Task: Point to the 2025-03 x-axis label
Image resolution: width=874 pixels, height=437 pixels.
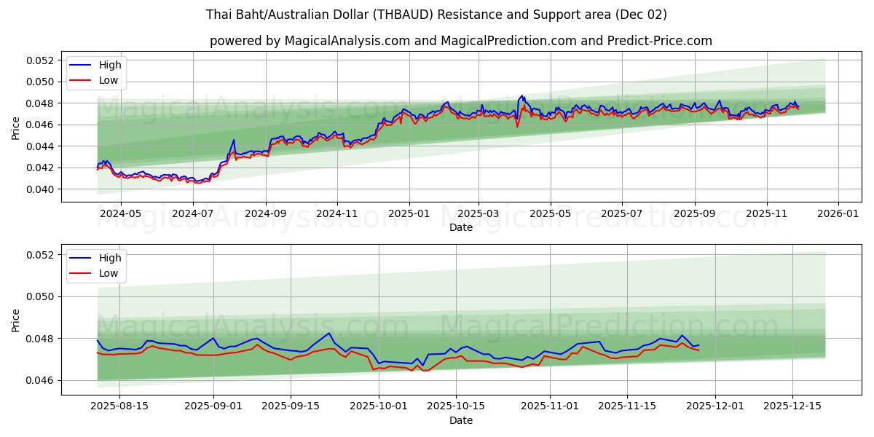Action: tap(479, 214)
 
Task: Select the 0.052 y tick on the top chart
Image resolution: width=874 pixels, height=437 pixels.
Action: tap(42, 60)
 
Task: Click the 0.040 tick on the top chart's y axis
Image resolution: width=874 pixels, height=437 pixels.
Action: tap(42, 189)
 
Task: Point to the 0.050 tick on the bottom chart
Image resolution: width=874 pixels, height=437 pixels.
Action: tap(42, 296)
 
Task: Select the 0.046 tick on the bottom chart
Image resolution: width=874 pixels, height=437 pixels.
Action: tap(42, 381)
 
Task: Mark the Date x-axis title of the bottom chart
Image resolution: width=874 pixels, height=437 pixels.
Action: tap(461, 420)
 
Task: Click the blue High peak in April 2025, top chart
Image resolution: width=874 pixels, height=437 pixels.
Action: tap(521, 95)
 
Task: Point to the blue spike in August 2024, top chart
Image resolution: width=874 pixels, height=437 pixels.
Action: tap(234, 140)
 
